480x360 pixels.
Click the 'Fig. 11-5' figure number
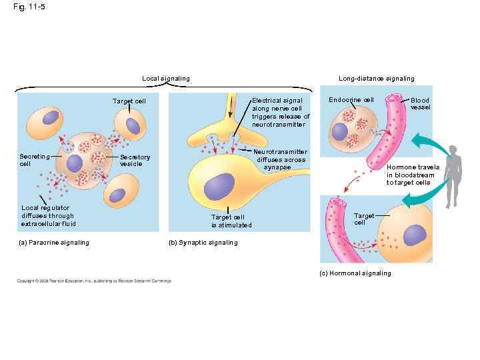[x=29, y=7]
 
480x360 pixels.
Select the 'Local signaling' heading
[x=165, y=79]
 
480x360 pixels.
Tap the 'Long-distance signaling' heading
[x=376, y=79]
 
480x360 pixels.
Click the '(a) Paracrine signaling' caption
[x=54, y=243]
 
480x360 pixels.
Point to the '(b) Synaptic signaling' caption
[x=204, y=243]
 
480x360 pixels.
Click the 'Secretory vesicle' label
[x=135, y=161]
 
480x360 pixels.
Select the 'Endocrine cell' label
[x=351, y=100]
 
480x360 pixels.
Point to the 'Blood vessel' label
[x=420, y=103]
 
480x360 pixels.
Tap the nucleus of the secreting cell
[x=74, y=163]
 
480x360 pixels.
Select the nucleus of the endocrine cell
[x=341, y=131]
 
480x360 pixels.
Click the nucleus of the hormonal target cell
[x=414, y=234]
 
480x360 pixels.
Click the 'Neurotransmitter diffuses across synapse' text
[x=281, y=159]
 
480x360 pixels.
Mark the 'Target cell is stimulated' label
[x=231, y=221]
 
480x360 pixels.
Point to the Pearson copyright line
[x=94, y=281]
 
